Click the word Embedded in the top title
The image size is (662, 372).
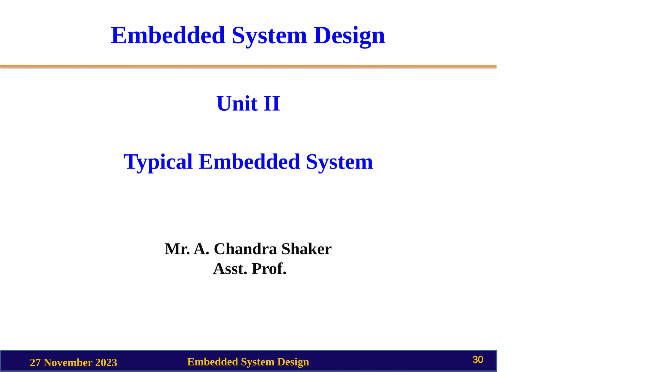tap(168, 35)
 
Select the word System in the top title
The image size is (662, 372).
tap(269, 35)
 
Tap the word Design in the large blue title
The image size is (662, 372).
tap(349, 35)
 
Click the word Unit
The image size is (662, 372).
tap(237, 104)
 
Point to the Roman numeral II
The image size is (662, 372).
tap(272, 104)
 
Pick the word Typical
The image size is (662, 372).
tap(158, 162)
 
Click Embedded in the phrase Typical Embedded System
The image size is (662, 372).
tap(249, 162)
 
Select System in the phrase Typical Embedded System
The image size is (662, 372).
tap(339, 162)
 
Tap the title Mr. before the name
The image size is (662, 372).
tap(177, 249)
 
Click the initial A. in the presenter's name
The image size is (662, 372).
tap(201, 249)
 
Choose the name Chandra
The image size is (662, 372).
tap(246, 249)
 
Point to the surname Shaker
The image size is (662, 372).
tap(306, 249)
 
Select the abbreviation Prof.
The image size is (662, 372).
tap(269, 269)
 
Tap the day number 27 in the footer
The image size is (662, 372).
tap(35, 363)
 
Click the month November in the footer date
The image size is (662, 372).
tap(68, 363)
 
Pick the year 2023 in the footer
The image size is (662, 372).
tap(106, 363)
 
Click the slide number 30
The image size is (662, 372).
tap(478, 360)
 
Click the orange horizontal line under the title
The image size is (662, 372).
tap(248, 66)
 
